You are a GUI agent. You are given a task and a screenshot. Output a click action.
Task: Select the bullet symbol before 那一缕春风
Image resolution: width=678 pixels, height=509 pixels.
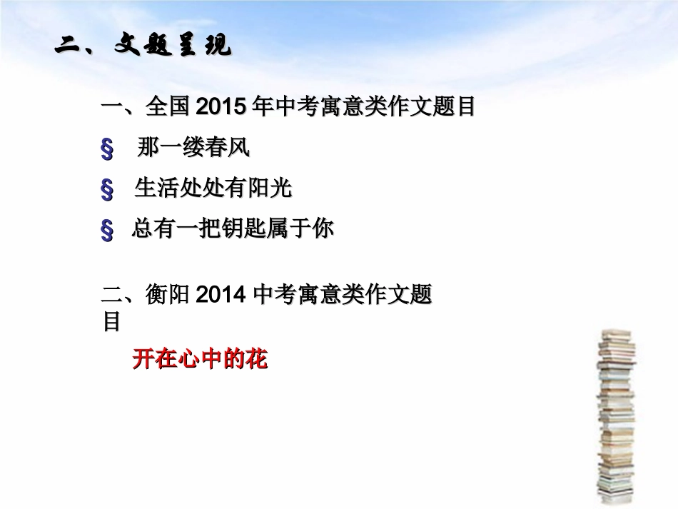(108, 149)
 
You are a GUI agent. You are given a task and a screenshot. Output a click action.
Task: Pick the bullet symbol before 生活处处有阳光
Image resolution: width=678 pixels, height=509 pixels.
(108, 190)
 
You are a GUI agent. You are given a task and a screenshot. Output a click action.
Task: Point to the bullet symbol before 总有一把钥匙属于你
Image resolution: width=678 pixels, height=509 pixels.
(108, 231)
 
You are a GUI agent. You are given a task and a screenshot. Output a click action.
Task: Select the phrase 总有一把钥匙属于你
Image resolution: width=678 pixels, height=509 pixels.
(232, 229)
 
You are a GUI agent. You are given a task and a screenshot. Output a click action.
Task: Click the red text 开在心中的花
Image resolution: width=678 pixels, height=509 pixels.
(200, 359)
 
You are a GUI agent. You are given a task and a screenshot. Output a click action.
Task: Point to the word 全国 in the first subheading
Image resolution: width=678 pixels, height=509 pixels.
(167, 108)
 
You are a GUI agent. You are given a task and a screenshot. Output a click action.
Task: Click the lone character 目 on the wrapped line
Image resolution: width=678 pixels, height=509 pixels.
(111, 321)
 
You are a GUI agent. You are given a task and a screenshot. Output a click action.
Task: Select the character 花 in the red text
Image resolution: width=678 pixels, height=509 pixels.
(256, 359)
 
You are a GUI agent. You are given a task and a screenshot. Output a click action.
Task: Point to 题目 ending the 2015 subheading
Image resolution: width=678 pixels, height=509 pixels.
(455, 108)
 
